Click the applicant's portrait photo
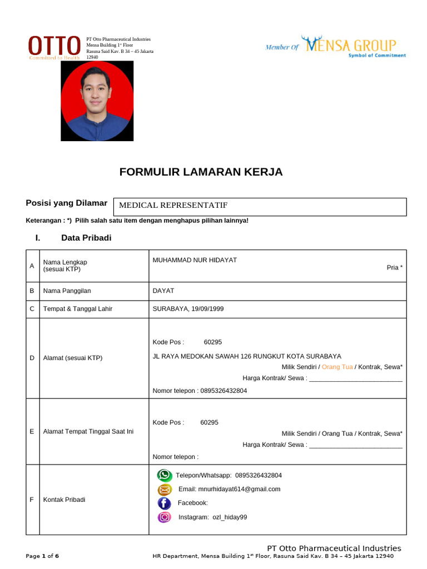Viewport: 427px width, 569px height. pos(97,101)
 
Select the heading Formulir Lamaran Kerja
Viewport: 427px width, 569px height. pos(201,172)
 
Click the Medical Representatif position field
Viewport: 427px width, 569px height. pos(259,206)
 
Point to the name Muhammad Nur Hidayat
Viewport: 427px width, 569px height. pos(195,260)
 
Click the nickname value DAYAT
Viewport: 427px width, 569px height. pos(163,291)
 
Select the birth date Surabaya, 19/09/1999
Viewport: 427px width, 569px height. pos(188,308)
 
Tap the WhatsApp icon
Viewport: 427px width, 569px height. pos(165,475)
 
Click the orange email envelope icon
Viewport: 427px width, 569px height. pos(165,490)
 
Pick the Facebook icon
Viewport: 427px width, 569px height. pos(165,503)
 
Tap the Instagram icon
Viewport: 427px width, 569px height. pos(165,517)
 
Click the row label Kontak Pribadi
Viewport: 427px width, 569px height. pos(64,500)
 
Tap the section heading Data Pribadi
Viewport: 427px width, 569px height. pos(86,238)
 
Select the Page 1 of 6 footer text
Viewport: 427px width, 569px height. pos(42,556)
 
